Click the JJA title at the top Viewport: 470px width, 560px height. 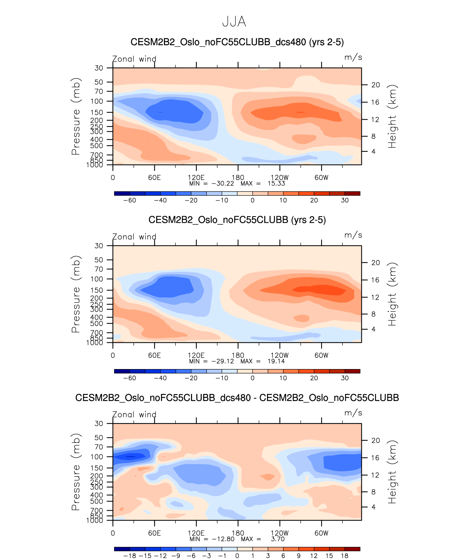pyautogui.click(x=234, y=22)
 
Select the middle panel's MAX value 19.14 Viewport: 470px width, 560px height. pyautogui.click(x=276, y=361)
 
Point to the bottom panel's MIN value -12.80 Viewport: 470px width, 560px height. pyautogui.click(x=223, y=539)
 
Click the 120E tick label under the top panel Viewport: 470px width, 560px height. pyautogui.click(x=196, y=178)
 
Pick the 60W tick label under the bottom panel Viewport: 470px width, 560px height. pyautogui.click(x=322, y=533)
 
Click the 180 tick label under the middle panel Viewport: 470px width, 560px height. pyautogui.click(x=238, y=356)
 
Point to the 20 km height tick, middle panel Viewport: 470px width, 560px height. pyautogui.click(x=376, y=263)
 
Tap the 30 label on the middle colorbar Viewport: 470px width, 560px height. pyautogui.click(x=345, y=378)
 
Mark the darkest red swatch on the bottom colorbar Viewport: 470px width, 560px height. pyautogui.click(x=352, y=549)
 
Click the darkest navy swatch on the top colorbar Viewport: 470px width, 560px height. pyautogui.click(x=122, y=193)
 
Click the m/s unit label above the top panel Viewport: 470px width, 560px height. pyautogui.click(x=353, y=57)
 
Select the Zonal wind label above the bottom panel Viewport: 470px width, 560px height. pyautogui.click(x=134, y=414)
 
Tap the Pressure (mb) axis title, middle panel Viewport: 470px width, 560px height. pyautogui.click(x=76, y=294)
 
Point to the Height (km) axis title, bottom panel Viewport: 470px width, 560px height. pyautogui.click(x=392, y=472)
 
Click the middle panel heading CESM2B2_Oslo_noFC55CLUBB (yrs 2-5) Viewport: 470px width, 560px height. pyautogui.click(x=237, y=220)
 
